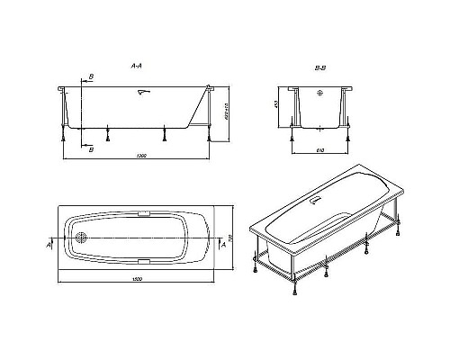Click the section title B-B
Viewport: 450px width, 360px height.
pos(319,66)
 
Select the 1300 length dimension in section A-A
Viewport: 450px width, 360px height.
pos(139,157)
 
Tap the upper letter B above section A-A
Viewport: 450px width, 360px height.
pos(91,78)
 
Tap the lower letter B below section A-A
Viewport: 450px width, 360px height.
pos(91,149)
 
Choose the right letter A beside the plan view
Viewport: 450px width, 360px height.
pos(225,243)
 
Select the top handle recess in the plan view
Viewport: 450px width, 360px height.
pos(144,215)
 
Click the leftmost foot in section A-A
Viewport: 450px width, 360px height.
pos(63,140)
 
